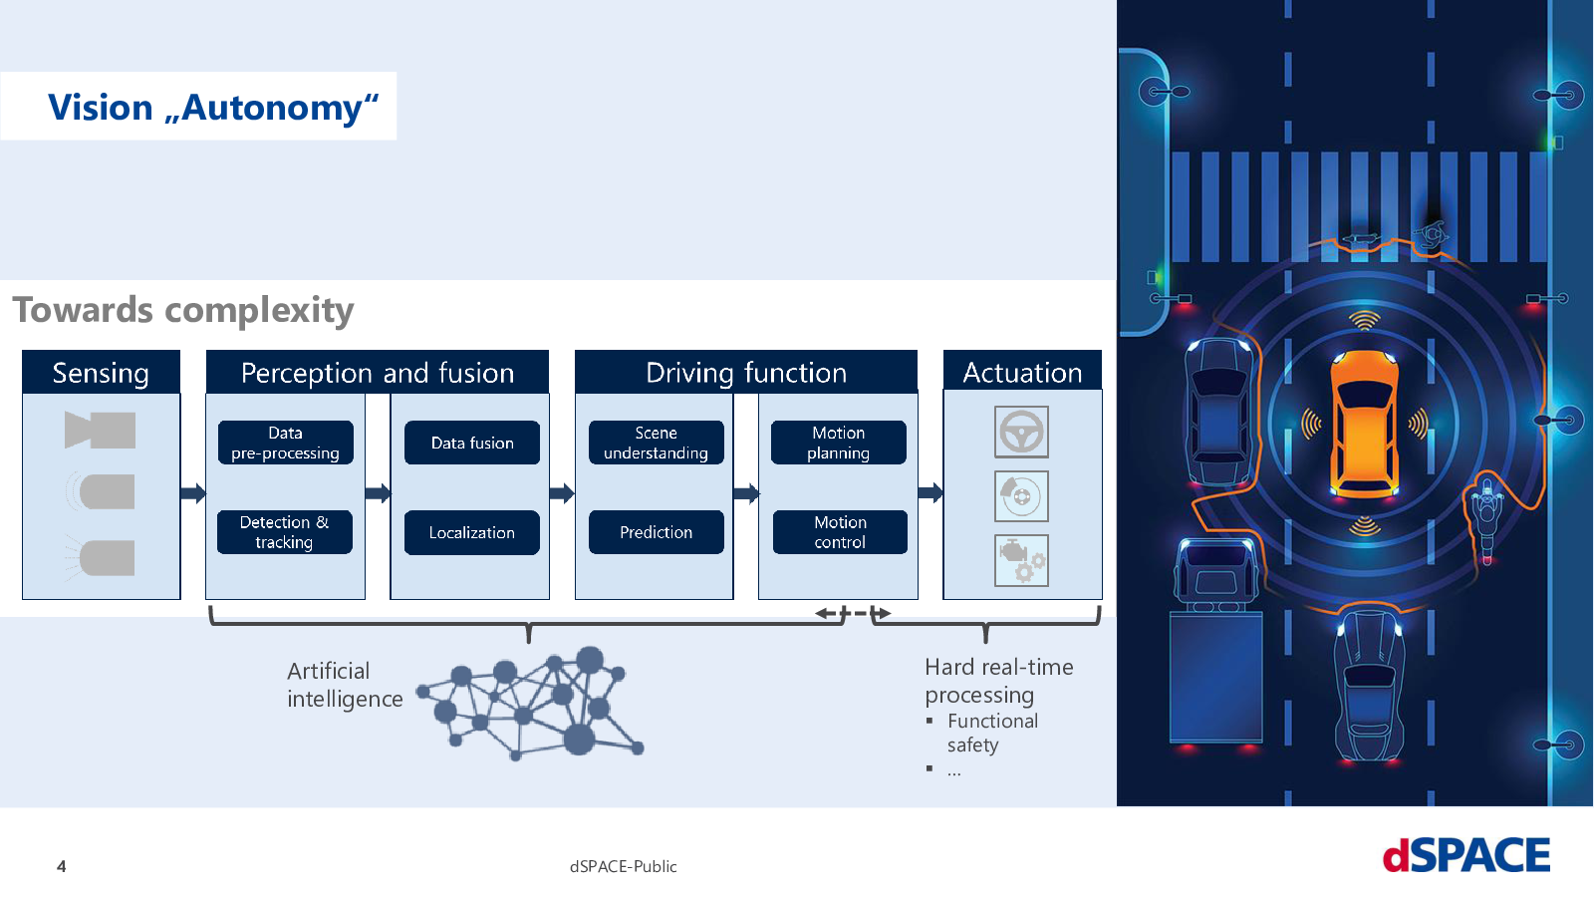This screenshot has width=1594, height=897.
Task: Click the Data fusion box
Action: [x=472, y=443]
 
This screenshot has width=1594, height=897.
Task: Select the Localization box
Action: [x=472, y=532]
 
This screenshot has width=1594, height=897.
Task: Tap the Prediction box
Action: [x=657, y=532]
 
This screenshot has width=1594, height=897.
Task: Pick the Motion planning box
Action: [x=838, y=443]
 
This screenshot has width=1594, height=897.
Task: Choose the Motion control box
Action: [x=840, y=532]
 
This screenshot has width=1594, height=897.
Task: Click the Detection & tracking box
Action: [x=285, y=532]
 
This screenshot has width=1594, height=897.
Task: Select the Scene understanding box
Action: [x=657, y=443]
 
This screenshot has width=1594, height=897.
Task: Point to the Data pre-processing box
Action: [x=285, y=443]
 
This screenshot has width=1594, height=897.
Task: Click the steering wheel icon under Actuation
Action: [x=1021, y=432]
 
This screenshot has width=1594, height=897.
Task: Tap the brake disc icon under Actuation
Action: [x=1021, y=496]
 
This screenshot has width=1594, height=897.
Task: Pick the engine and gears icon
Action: [x=1021, y=561]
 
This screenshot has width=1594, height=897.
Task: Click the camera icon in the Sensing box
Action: [x=100, y=430]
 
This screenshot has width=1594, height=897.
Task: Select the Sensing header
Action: [x=101, y=372]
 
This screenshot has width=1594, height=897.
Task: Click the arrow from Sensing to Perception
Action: [x=193, y=492]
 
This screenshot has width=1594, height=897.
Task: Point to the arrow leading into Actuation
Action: [x=930, y=492]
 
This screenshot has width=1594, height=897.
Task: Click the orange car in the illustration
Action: [x=1364, y=425]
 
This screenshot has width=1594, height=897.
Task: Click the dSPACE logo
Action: [x=1465, y=855]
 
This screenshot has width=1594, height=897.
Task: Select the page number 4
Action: [x=61, y=866]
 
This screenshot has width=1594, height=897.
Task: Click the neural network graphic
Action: [x=531, y=703]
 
